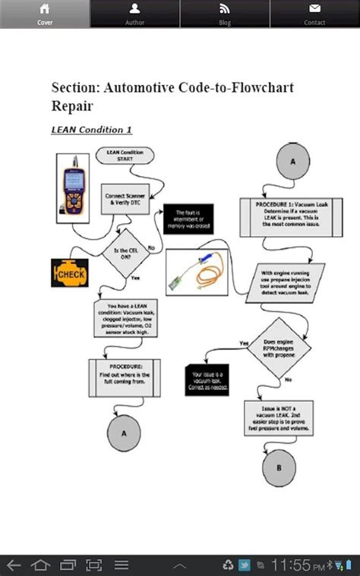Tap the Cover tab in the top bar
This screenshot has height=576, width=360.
45,14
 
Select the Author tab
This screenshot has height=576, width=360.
134,14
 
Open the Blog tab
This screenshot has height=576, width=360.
225,14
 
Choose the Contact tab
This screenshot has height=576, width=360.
314,14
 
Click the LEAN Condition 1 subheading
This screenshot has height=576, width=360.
91,129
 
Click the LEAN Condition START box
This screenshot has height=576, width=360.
125,156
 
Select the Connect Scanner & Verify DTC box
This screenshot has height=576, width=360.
125,200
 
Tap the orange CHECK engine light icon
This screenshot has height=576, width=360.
71,273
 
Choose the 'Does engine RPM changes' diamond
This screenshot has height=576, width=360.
278,350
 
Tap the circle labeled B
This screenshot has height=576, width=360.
279,467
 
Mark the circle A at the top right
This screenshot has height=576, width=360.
293,162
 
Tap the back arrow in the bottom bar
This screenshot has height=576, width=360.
14,565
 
